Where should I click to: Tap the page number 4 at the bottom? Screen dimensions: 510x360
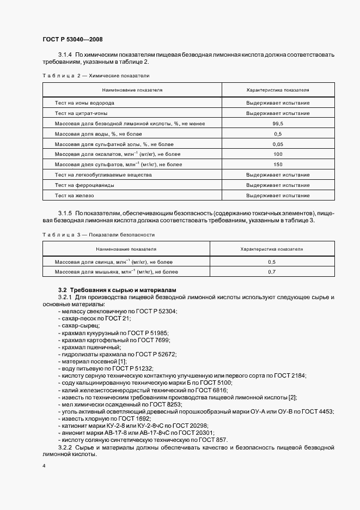point(44,466)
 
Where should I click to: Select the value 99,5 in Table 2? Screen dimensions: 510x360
point(278,124)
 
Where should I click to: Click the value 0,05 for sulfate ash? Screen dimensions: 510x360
point(278,144)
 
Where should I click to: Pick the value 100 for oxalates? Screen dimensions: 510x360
point(278,154)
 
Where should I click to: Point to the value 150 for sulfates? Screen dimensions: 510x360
point(278,164)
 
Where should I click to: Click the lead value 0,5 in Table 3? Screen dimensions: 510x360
point(272,262)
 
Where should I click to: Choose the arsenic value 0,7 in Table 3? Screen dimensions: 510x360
point(272,271)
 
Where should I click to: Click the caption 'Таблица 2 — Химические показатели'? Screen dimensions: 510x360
point(95,75)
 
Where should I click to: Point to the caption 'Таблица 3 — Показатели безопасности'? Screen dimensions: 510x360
point(99,234)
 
